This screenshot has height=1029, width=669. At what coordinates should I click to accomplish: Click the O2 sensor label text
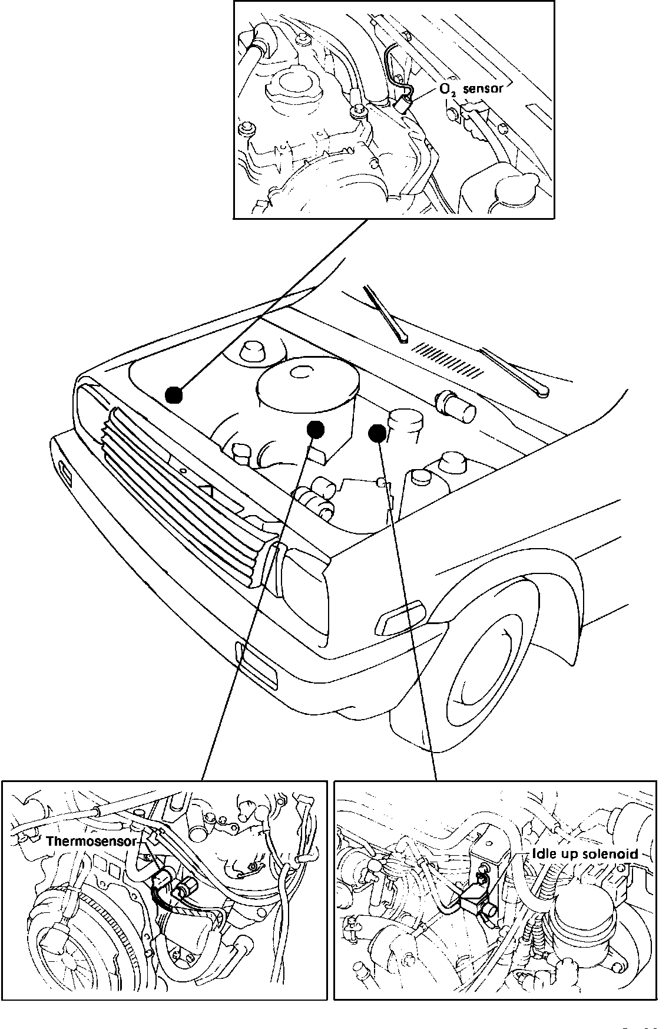471,90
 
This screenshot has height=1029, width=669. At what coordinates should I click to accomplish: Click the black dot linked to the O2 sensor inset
173,395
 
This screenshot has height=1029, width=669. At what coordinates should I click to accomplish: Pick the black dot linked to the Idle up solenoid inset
377,434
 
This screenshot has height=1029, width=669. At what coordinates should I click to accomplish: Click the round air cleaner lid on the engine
307,383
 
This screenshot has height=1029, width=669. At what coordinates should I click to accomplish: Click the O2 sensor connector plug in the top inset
402,105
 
